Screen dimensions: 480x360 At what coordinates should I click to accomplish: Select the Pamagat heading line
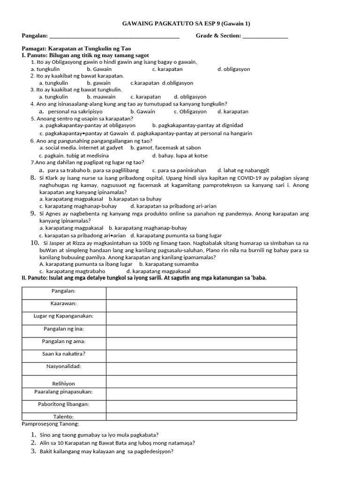tap(76, 48)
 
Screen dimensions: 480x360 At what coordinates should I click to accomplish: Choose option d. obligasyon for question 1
tap(233, 69)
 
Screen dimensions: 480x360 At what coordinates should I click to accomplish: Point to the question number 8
tap(33, 178)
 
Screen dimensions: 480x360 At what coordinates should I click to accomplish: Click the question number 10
tap(35, 243)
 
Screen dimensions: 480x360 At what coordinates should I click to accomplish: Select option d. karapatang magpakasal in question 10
tap(158, 271)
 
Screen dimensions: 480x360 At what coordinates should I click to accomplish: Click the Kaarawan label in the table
tap(64, 303)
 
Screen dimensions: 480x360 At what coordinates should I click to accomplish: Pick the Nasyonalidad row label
tap(64, 366)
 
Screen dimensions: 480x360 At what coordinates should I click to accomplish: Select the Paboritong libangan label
tap(64, 404)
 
